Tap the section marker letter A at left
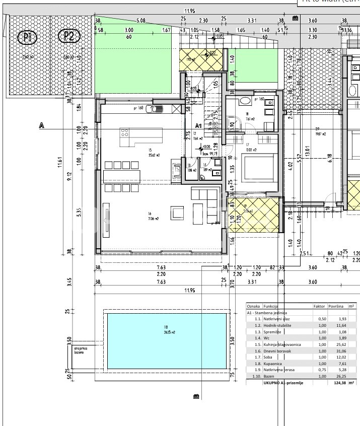point(41,126)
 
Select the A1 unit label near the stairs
point(198,125)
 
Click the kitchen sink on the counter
point(159,108)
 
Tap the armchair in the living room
point(177,213)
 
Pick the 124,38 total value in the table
point(335,382)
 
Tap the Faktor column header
point(319,306)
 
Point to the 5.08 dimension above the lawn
point(141,21)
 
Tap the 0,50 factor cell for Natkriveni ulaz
point(319,319)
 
